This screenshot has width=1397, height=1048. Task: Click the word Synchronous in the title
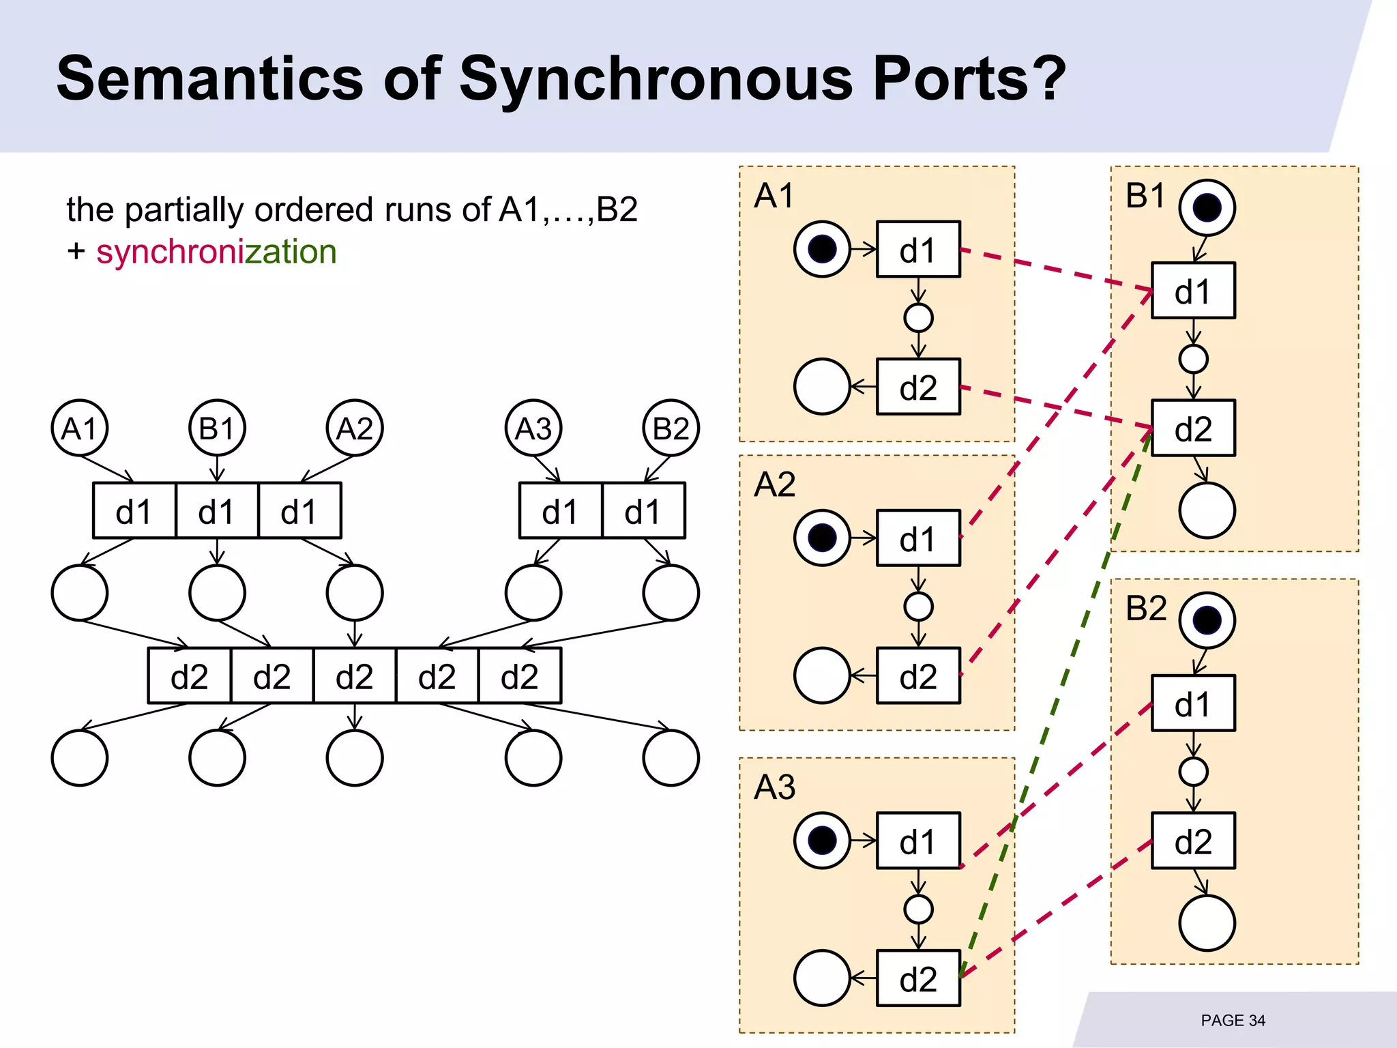coord(655,78)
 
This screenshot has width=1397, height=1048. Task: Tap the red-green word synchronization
coord(216,252)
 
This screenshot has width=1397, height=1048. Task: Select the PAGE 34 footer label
coord(1233,1021)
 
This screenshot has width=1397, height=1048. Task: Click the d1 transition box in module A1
coord(918,250)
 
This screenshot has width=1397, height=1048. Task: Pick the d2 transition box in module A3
coord(918,978)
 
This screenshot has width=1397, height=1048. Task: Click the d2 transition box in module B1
coord(1193,428)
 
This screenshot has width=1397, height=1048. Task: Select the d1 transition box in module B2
coord(1193,703)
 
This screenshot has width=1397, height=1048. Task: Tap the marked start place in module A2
coord(822,538)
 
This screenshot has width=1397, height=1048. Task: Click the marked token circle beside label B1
coord(1207,207)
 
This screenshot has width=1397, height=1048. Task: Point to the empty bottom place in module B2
coord(1207,923)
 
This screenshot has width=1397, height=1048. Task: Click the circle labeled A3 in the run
coord(533,428)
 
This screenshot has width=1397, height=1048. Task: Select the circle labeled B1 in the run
coord(217,428)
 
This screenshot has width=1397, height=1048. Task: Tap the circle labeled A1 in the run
coord(80,428)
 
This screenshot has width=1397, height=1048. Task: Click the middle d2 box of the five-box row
coord(355,676)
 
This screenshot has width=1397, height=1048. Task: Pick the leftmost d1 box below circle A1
coord(134,511)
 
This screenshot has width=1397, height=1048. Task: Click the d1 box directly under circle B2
coord(643,511)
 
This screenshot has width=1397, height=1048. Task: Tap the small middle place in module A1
coord(918,318)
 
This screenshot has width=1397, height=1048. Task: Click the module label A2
coord(774,484)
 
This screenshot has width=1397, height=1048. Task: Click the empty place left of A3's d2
coord(822,978)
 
